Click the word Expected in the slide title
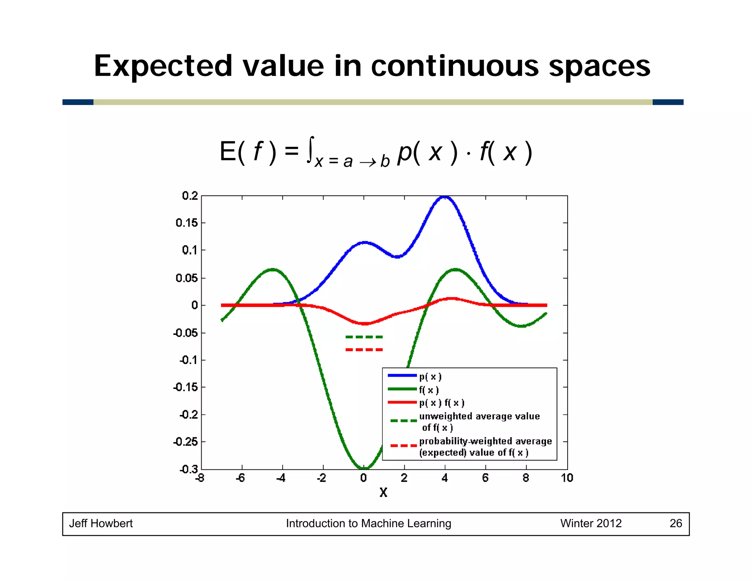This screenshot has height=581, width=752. point(163,66)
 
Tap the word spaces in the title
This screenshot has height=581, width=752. point(599,66)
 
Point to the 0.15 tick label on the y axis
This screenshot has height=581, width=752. point(187,223)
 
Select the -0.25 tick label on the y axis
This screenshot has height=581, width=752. point(185,442)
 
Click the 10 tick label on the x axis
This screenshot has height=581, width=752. point(567,478)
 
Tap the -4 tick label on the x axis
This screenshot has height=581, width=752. point(281,478)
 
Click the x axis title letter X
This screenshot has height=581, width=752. point(383,492)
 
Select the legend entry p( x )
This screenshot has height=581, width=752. point(430,376)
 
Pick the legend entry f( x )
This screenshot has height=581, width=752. point(429,390)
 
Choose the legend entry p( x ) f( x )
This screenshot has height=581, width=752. point(442,403)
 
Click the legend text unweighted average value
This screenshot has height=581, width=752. point(480,416)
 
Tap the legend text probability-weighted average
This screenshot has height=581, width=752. point(485,441)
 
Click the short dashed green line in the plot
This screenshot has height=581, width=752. point(364,337)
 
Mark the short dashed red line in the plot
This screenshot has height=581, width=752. point(364,350)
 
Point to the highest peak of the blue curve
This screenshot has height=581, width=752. point(445,197)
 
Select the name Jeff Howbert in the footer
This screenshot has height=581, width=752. point(101,523)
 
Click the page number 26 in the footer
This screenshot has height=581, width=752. point(676,523)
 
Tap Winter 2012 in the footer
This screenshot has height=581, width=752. point(591,523)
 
